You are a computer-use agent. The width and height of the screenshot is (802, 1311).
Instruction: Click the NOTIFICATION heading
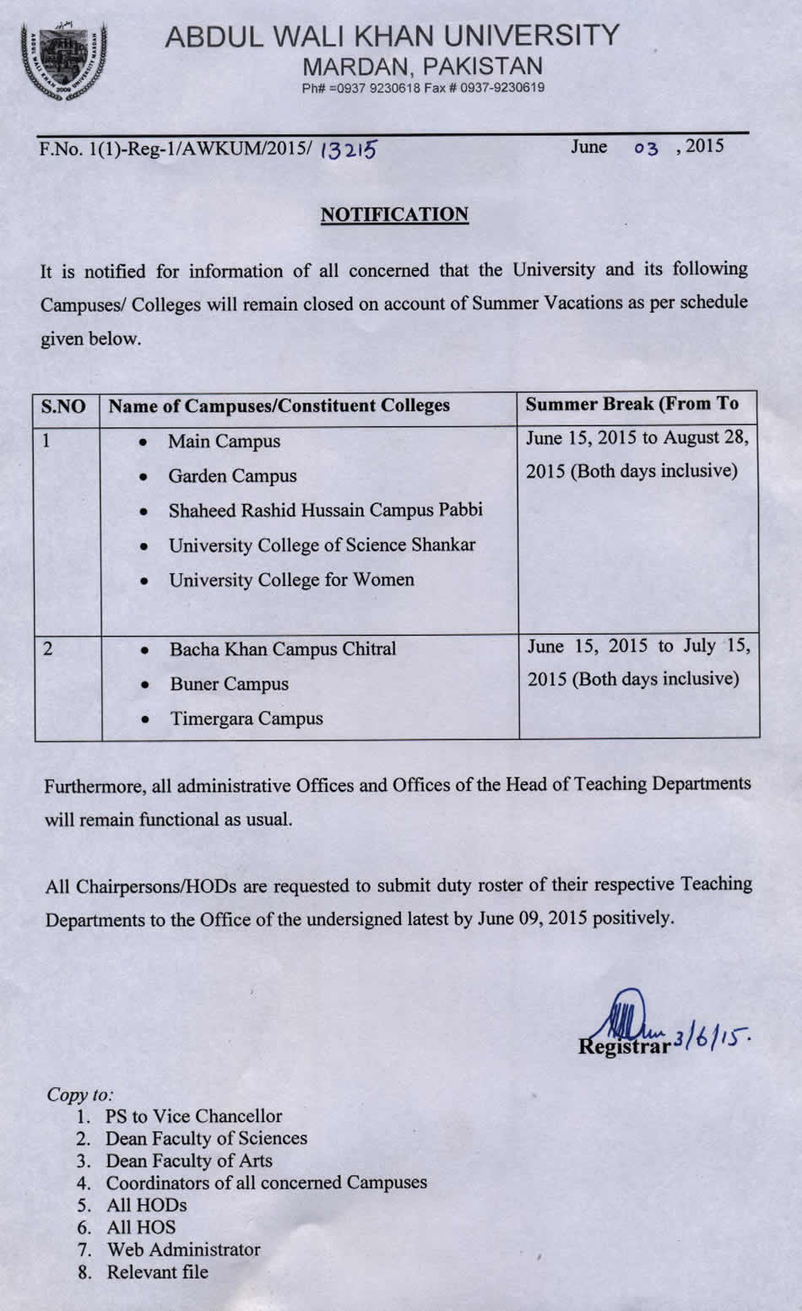tap(394, 214)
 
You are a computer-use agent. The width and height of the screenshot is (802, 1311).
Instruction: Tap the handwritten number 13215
tap(349, 149)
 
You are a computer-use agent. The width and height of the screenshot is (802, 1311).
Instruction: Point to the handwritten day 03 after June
tap(646, 148)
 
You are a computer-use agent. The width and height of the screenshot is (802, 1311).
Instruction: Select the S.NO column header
tap(63, 406)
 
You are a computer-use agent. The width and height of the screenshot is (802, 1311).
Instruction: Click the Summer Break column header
tap(631, 404)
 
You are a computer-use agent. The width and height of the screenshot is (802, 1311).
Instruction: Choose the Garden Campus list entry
tap(232, 476)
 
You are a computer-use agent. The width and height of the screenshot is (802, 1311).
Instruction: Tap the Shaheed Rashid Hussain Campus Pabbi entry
tap(325, 510)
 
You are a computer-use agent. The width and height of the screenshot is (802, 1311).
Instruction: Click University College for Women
tap(291, 580)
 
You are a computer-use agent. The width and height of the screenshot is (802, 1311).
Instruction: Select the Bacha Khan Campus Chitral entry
tap(283, 649)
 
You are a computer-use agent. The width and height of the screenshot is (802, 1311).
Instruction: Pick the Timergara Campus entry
tap(247, 718)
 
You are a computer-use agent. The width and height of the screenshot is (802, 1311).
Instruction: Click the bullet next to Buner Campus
tap(146, 685)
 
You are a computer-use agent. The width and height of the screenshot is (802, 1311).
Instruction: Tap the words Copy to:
tap(80, 1095)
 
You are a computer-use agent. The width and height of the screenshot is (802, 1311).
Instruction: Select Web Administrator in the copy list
tap(183, 1249)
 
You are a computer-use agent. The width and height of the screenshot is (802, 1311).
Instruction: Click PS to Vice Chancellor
tap(193, 1116)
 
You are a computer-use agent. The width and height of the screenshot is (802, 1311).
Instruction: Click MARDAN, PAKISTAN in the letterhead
tap(422, 66)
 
